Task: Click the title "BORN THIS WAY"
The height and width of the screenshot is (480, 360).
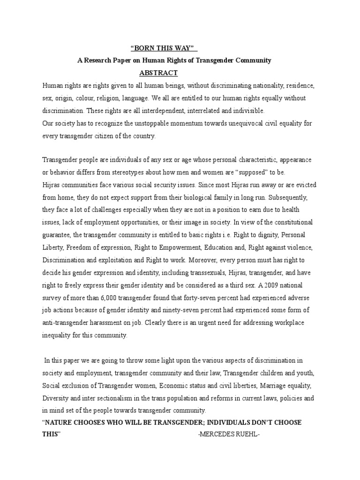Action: (163, 48)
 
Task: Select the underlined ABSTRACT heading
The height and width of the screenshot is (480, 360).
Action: (158, 73)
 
